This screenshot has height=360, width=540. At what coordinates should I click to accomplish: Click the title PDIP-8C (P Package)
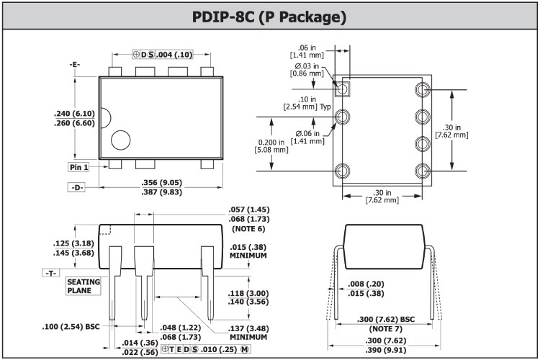click(x=269, y=15)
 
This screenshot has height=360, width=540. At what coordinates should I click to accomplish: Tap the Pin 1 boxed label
click(x=78, y=167)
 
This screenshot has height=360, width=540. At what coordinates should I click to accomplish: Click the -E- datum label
click(x=75, y=65)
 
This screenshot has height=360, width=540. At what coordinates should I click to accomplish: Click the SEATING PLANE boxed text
click(x=83, y=286)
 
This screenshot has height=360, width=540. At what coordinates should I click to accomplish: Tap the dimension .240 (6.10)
click(x=74, y=114)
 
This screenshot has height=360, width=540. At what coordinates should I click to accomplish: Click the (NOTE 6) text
click(x=248, y=228)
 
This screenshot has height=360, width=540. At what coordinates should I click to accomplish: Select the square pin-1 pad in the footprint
click(x=343, y=89)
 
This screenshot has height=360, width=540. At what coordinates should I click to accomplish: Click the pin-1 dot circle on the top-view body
click(x=121, y=140)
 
